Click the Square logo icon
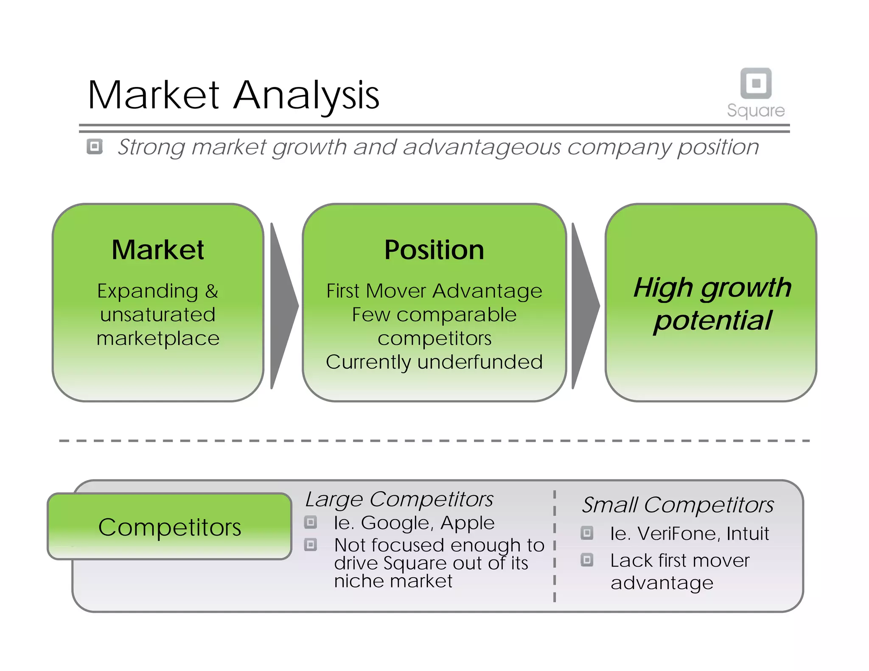756,83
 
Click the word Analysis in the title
306,95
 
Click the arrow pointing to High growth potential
584,305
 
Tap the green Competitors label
170,527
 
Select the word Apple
468,523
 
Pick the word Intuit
748,533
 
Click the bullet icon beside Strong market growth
95,147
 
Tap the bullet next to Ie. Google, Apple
311,522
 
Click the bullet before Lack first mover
587,560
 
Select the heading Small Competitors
678,505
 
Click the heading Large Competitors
399,499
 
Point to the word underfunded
480,362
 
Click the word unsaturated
158,315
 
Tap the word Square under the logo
756,110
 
